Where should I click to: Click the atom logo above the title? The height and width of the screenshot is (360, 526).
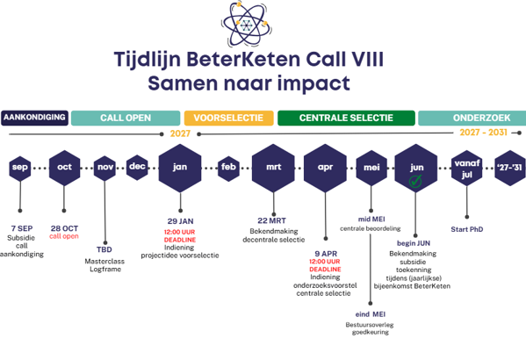pos(247,25)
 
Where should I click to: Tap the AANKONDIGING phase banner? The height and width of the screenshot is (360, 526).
pos(34,118)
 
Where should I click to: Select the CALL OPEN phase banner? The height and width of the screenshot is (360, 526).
pos(126,119)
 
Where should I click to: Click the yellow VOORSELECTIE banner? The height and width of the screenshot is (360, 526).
pos(229,119)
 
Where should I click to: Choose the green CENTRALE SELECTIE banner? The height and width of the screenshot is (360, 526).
pos(346,119)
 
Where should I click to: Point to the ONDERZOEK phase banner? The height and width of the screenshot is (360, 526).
pos(472,119)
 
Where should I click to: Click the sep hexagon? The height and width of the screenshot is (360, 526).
pos(20,169)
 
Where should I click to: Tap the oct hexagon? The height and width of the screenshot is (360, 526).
pos(64,168)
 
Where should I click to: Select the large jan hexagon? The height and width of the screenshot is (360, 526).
pos(180,168)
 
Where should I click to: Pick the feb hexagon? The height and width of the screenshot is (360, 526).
pos(228,169)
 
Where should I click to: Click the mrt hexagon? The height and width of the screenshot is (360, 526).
pos(273,168)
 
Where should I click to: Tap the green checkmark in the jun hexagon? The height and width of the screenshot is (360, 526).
pos(415,181)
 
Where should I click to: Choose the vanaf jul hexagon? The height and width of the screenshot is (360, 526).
pos(467,168)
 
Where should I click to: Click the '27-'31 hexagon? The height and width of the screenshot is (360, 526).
pos(510,168)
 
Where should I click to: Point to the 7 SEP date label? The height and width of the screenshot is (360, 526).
pos(22,228)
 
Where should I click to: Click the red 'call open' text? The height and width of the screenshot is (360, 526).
pos(64,236)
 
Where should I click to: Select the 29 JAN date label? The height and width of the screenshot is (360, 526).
pos(181,221)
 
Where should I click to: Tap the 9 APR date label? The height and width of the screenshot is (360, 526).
pos(326,254)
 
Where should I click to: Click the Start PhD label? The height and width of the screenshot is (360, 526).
pos(467,229)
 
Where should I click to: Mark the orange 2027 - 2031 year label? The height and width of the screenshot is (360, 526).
pos(483,133)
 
